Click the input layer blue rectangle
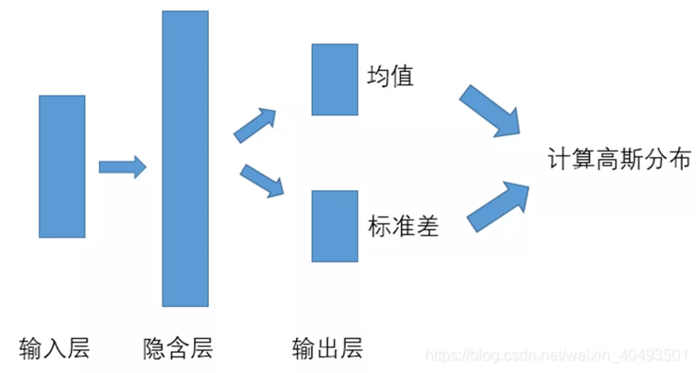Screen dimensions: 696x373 62,166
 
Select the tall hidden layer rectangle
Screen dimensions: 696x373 185,158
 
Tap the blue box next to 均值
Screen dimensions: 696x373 334,79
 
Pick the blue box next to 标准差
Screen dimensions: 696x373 334,226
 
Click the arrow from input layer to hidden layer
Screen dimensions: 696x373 122,167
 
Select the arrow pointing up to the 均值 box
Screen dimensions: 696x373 254,124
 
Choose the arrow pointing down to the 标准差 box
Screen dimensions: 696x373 261,180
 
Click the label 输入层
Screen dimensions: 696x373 55,348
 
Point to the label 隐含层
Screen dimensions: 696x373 178,348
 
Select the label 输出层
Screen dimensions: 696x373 327,348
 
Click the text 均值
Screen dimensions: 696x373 391,76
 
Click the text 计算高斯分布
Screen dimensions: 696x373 620,159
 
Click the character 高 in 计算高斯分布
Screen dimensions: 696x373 605,159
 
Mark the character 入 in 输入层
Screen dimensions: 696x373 55,348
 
